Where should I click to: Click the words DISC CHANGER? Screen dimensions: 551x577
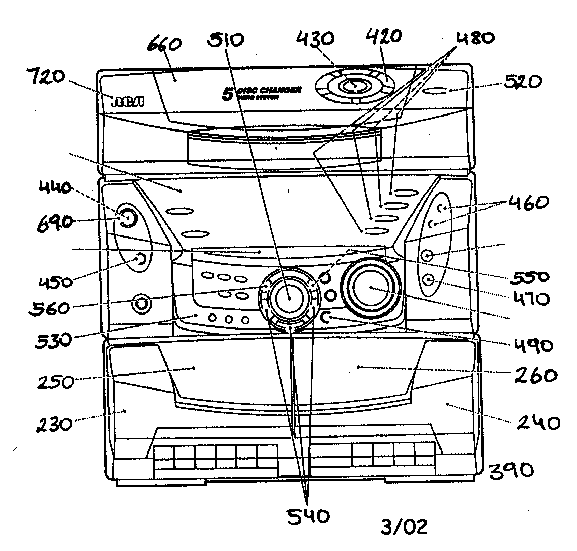pyautogui.click(x=269, y=91)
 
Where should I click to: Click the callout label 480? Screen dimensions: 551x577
pyautogui.click(x=475, y=38)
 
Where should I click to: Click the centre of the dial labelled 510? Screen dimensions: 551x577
pyautogui.click(x=289, y=297)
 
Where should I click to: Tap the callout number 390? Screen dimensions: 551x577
pyautogui.click(x=511, y=471)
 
